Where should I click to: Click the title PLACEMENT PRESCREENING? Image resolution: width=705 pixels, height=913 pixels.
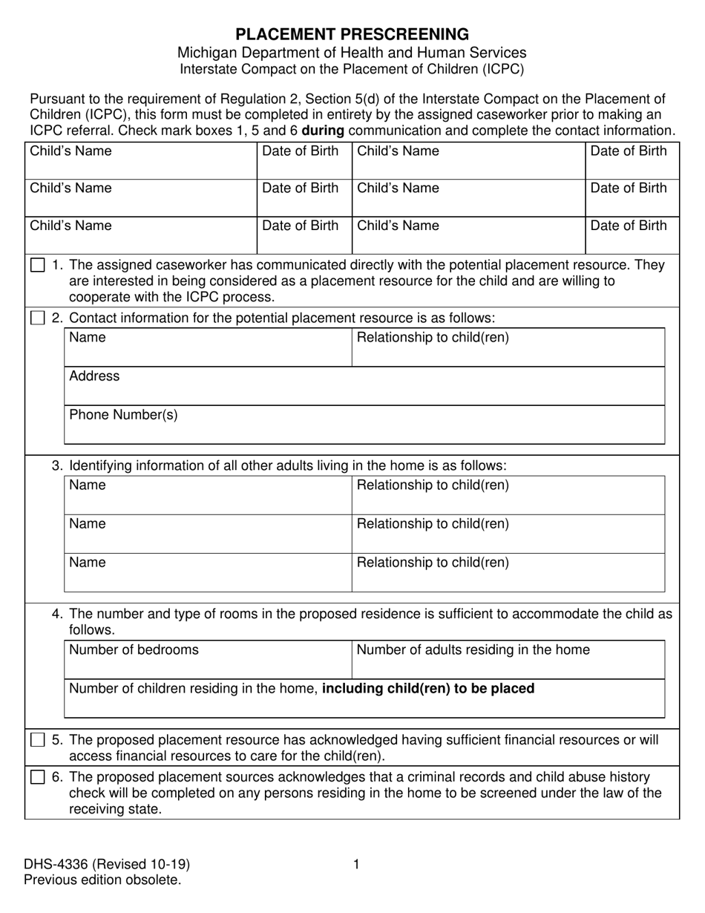tap(352, 34)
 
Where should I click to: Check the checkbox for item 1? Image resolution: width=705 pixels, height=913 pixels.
tap(37, 266)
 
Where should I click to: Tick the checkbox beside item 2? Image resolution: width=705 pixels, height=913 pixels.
tap(37, 318)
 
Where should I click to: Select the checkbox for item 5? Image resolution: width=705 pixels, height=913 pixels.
tap(37, 741)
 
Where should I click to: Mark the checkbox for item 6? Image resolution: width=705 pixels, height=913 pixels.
tap(37, 778)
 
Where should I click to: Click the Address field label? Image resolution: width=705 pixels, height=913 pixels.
tap(94, 376)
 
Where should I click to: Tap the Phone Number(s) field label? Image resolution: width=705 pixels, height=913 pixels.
tap(123, 415)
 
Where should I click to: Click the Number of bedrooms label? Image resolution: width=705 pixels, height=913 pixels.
tap(134, 650)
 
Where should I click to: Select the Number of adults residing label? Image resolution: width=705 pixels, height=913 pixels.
tap(473, 650)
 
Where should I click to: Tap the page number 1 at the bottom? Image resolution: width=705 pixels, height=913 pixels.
tap(356, 864)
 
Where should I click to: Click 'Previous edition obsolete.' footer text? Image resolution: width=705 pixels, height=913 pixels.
tap(102, 880)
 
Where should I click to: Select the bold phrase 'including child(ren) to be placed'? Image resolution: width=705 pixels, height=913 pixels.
tap(428, 689)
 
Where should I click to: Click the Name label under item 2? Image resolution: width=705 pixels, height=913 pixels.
tap(87, 338)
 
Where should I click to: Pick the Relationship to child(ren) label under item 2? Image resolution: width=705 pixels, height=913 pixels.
tap(433, 338)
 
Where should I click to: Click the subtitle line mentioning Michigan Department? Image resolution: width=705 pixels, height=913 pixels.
tap(352, 53)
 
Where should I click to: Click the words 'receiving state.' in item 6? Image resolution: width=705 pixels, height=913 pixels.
tap(115, 809)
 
